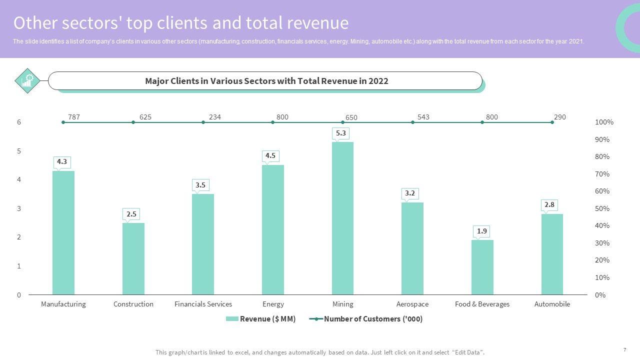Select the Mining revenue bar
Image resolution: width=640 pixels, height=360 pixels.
(342, 218)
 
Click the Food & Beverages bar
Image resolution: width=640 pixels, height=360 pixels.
(482, 267)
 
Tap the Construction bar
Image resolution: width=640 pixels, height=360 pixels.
(133, 258)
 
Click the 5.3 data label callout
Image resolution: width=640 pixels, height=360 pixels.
(341, 133)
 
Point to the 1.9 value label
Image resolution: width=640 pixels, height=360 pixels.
(482, 231)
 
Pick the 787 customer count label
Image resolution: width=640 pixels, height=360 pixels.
(74, 117)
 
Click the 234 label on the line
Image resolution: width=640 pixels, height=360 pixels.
(215, 117)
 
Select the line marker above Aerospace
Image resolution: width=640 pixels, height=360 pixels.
(412, 122)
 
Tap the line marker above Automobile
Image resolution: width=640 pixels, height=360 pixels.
(552, 122)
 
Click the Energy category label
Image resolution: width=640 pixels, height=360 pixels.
(273, 304)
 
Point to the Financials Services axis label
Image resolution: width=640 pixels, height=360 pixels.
(203, 304)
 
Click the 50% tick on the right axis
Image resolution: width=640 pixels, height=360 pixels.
(602, 208)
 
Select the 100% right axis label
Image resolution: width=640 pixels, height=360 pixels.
(604, 122)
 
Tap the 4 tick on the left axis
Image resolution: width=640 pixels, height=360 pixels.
(19, 179)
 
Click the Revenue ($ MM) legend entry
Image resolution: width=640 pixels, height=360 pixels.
(261, 319)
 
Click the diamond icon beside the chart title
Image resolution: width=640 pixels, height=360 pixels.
(27, 80)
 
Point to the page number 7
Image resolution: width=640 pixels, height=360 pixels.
(624, 350)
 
